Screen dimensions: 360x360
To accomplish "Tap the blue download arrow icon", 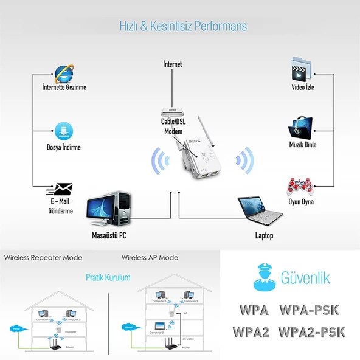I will point(64,131).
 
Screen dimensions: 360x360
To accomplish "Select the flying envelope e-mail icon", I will point(63,190).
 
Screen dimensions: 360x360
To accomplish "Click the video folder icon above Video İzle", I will point(302,69).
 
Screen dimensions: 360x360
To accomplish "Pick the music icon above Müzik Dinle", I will point(302,127).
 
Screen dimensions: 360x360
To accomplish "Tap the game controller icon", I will point(302,185).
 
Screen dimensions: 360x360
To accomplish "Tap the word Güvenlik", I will point(305,279).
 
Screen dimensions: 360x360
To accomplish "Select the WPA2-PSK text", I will point(312,332).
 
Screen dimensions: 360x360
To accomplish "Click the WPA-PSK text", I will point(308,310).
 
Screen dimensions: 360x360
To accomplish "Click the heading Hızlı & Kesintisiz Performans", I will point(179,27).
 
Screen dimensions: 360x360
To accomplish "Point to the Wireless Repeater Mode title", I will point(43,258).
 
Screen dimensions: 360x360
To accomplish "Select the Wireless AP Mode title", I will point(150,258).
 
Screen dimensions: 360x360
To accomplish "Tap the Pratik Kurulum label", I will point(108,277).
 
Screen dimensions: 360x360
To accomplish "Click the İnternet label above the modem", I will point(173,64).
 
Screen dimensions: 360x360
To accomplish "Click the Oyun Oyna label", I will point(302,202).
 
